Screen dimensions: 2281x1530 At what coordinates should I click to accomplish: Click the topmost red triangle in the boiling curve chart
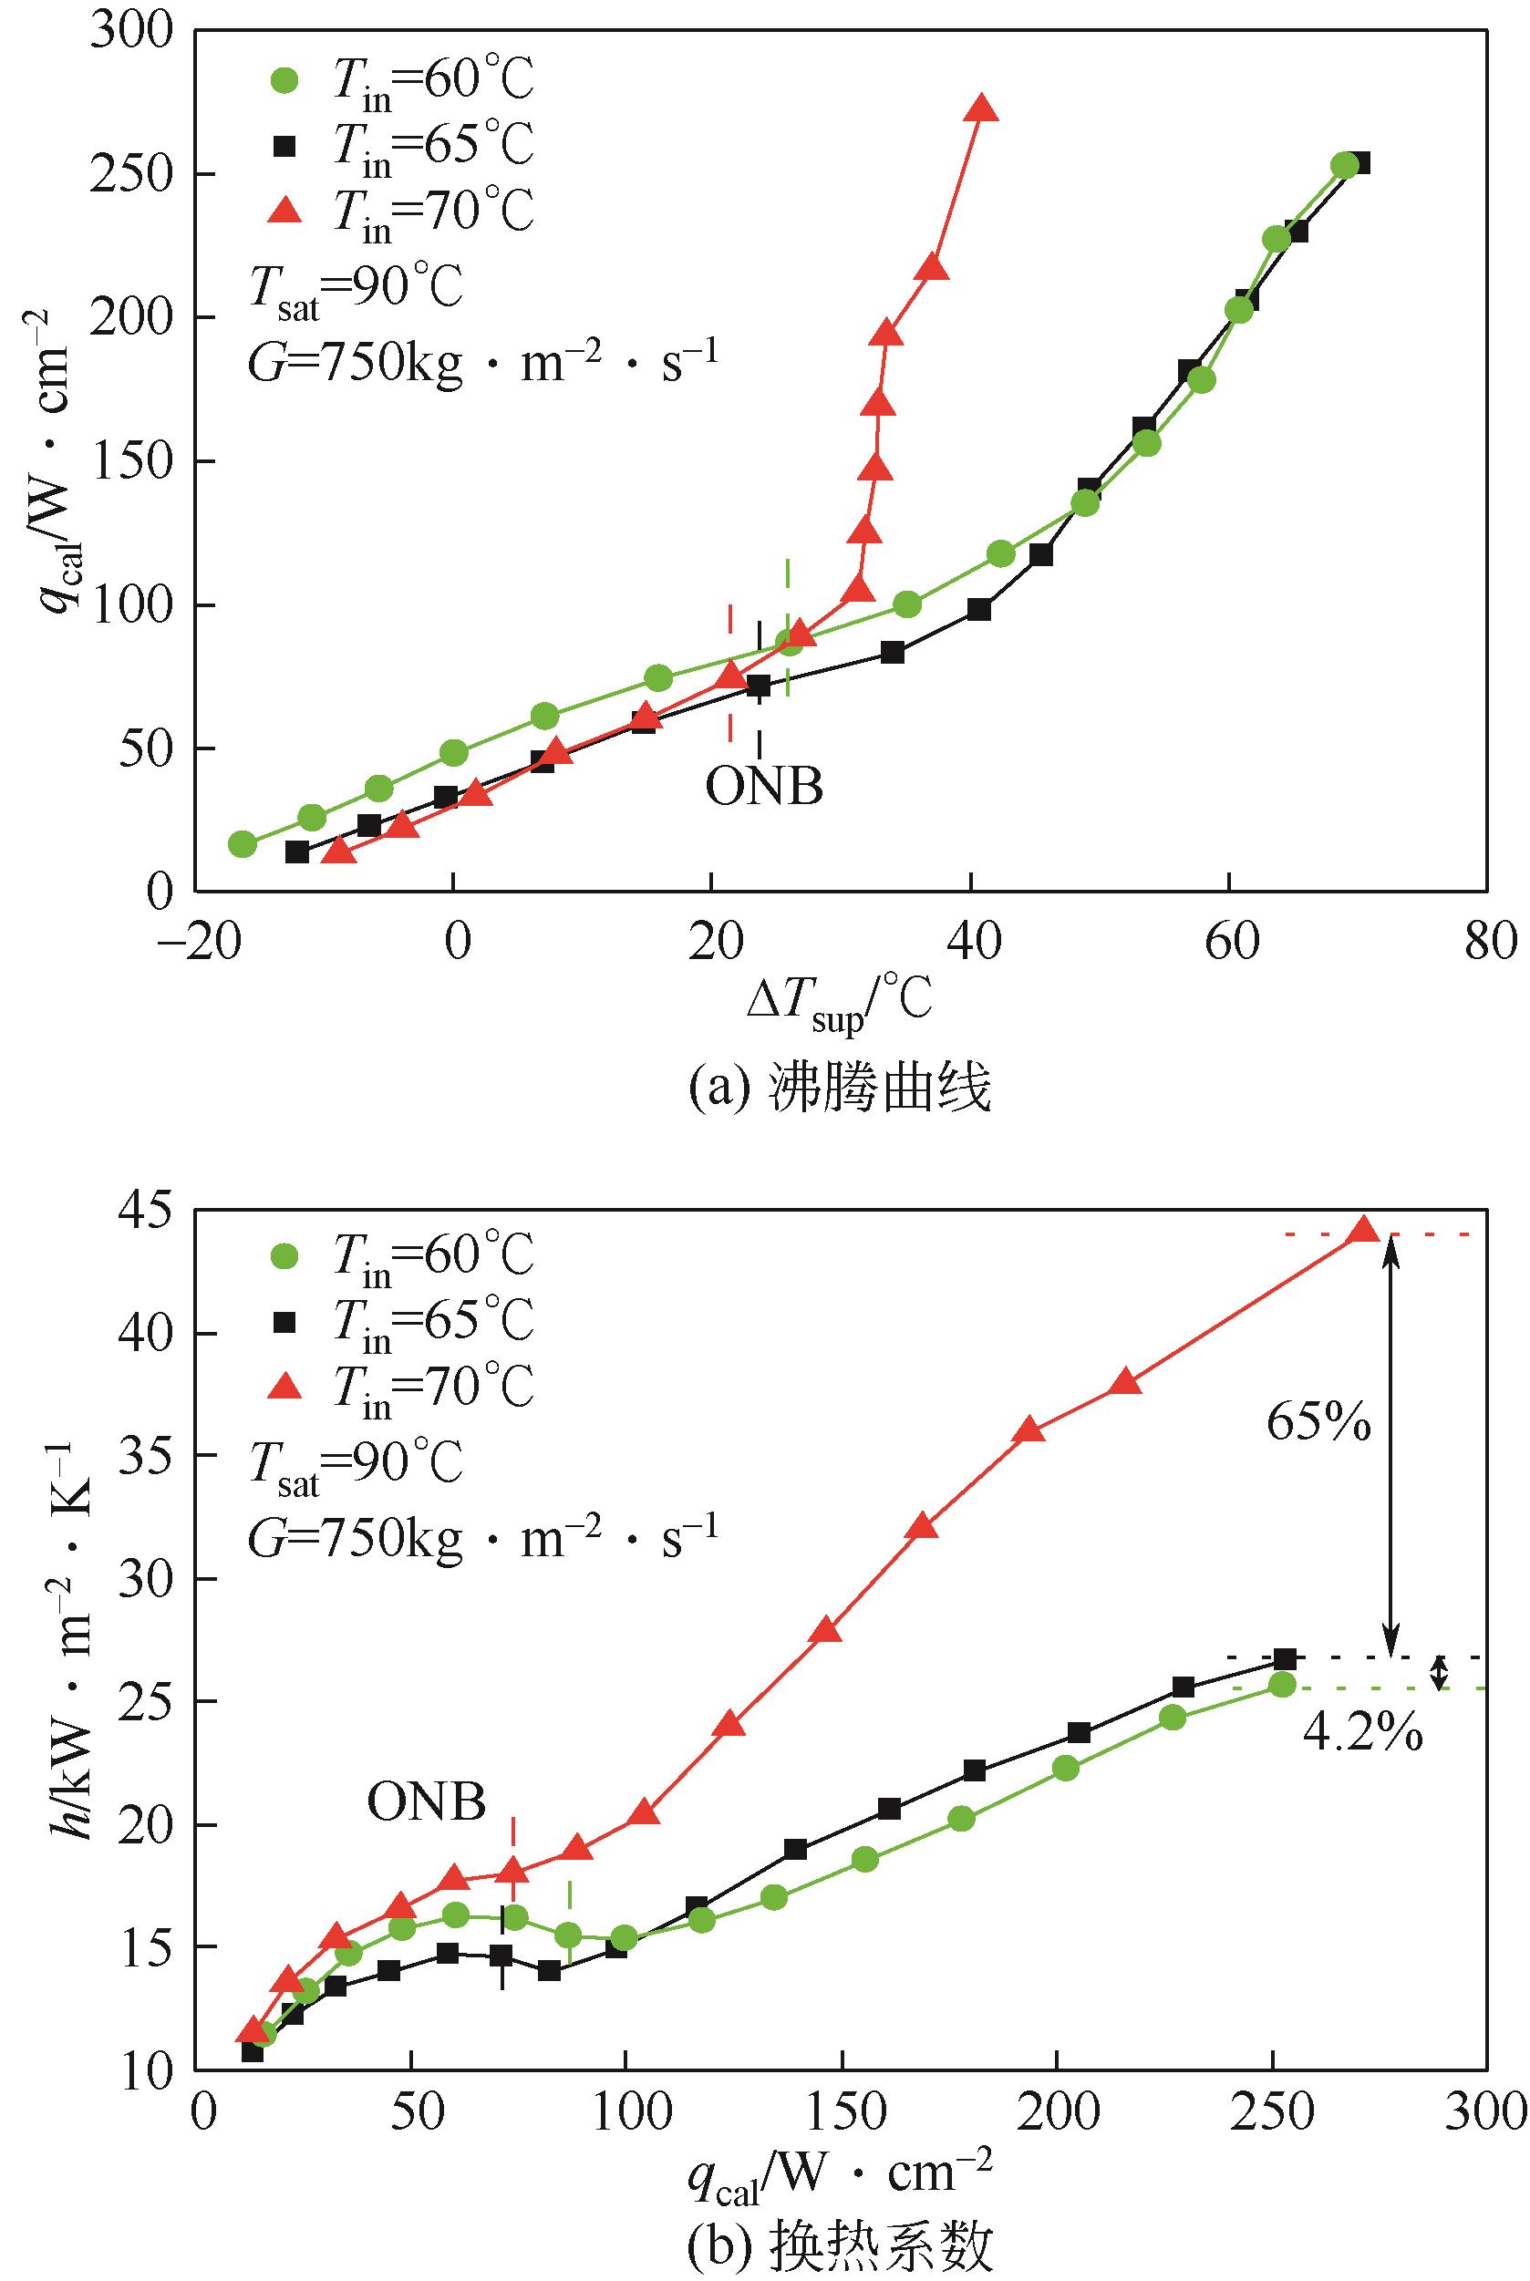coord(981,109)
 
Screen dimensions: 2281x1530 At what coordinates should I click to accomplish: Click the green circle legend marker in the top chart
coord(284,80)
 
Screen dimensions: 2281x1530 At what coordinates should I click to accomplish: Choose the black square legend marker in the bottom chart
coord(284,1321)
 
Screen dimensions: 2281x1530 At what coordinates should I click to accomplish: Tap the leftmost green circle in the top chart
coord(242,844)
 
